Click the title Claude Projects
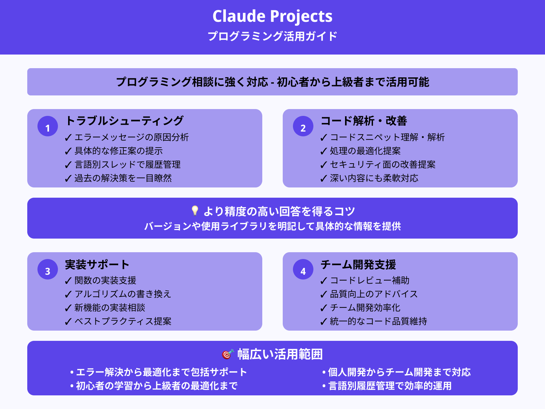272,16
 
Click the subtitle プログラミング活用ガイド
272,36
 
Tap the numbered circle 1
48,126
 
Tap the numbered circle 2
303,126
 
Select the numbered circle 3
48,270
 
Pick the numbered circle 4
303,270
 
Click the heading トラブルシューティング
124,121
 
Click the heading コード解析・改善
364,121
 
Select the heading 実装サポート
97,264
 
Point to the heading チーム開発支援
358,264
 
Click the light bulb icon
195,211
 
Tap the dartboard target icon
228,354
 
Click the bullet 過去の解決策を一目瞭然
123,178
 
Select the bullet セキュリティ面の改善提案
383,165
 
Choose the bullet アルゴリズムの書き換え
123,294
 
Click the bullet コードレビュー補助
370,281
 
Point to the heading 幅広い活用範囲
280,354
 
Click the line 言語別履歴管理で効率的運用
390,386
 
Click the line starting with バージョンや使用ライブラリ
272,226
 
